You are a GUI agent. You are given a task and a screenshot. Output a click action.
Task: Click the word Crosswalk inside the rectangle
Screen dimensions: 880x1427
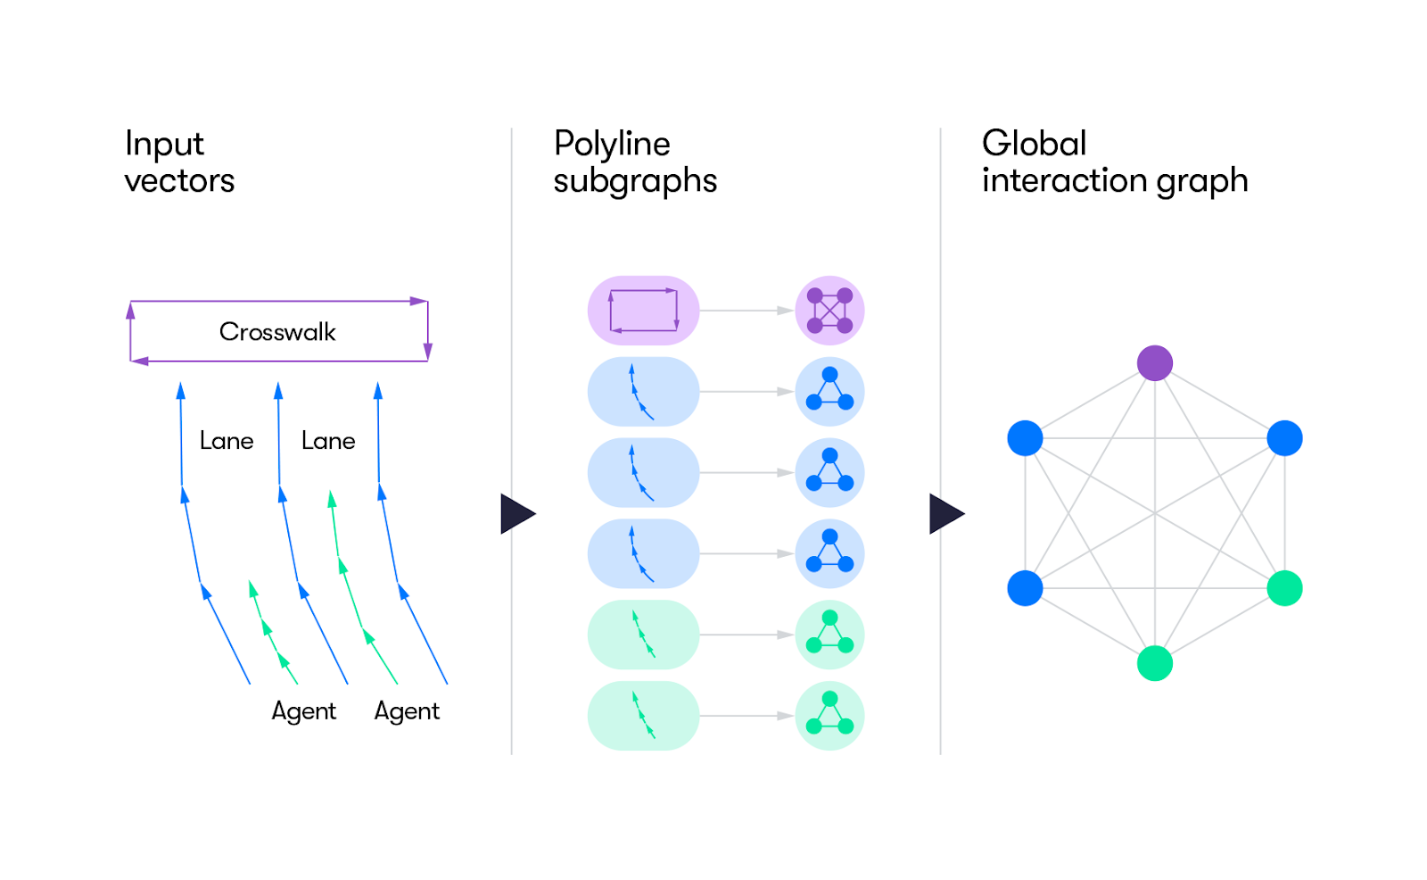click(277, 332)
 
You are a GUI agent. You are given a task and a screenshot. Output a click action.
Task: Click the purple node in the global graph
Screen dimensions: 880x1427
click(1154, 363)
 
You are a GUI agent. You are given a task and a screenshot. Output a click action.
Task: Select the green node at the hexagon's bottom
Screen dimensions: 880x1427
click(1154, 663)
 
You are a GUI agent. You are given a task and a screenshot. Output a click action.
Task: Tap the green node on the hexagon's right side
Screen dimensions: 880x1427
click(1284, 588)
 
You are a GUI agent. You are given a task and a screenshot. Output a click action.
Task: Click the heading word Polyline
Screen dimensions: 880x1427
click(612, 145)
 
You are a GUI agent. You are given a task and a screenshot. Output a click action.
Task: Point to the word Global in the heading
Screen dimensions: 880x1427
click(1034, 144)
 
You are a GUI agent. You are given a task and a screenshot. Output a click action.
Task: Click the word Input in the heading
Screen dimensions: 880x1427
click(164, 145)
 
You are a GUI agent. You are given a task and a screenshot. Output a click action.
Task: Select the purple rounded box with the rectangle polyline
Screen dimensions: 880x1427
click(643, 311)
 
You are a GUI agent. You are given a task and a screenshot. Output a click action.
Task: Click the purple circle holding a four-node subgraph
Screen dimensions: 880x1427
click(829, 311)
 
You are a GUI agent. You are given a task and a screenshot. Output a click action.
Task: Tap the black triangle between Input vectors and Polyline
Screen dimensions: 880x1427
click(516, 514)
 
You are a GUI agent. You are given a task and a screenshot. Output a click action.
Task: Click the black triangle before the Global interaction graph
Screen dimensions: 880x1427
click(944, 514)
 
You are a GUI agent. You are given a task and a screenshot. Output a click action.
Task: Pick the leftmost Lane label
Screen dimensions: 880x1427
click(227, 441)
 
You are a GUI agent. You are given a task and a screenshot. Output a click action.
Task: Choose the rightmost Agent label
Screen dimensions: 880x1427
click(407, 711)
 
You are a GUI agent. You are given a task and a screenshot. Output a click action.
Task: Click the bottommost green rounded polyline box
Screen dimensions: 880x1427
click(643, 716)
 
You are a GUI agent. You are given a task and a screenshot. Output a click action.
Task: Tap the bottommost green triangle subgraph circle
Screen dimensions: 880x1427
click(829, 716)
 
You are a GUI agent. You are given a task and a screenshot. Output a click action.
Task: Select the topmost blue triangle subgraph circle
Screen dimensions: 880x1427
click(829, 392)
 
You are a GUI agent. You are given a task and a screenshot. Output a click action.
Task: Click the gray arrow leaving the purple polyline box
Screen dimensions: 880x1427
click(746, 311)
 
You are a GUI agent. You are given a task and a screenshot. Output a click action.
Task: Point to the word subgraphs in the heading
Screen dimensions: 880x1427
click(635, 181)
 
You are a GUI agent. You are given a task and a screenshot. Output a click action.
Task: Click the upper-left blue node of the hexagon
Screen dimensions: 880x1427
click(1025, 438)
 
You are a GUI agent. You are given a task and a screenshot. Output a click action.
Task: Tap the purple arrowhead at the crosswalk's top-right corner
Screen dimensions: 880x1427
click(418, 302)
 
